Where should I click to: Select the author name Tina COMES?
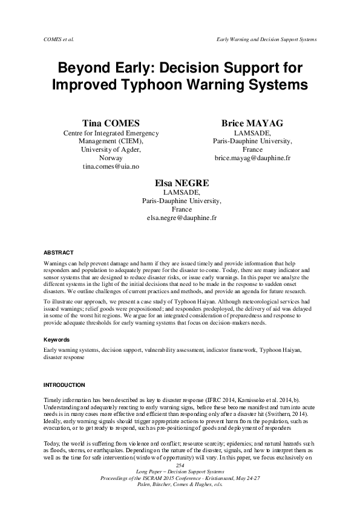(111, 123)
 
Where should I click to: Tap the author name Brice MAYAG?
(252, 123)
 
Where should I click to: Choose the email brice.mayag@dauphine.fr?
(252, 157)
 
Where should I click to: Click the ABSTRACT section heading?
(59, 252)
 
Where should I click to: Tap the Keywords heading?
(57, 340)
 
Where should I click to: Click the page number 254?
(179, 465)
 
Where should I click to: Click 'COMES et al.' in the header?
(59, 39)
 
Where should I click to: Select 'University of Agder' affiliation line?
(111, 149)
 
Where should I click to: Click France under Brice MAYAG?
(252, 149)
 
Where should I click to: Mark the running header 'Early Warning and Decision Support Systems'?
(266, 39)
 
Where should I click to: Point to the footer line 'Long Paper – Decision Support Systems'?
(179, 472)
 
